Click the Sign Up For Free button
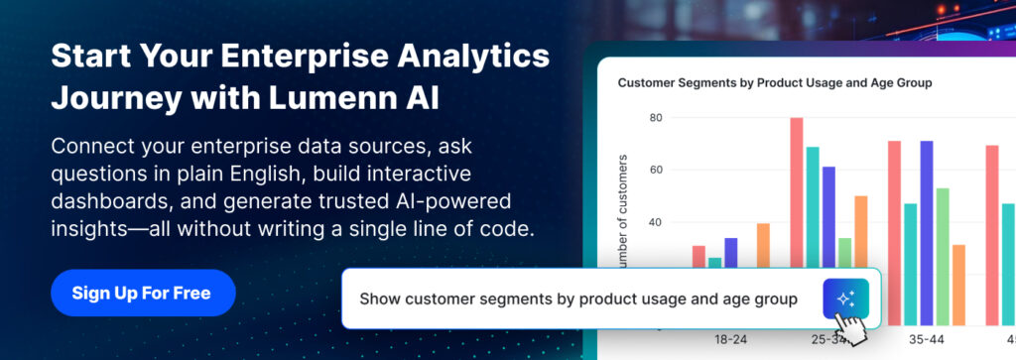143,293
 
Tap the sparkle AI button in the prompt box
845,300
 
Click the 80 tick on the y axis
655,118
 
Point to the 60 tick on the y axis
655,171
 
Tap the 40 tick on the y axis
655,223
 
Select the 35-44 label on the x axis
926,339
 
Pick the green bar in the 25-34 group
844,253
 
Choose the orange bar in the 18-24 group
763,245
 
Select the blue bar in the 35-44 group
927,233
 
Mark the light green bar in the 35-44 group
943,257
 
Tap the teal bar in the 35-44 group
911,264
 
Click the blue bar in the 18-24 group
731,253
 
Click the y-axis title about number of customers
623,213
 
